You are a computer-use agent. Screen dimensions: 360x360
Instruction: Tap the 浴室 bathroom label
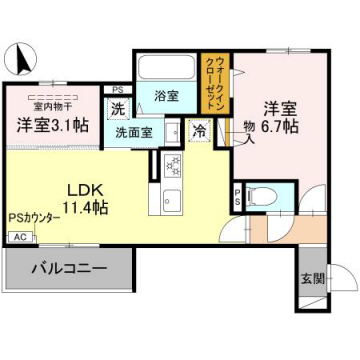[166, 97]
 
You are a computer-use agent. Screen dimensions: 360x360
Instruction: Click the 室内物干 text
[51, 102]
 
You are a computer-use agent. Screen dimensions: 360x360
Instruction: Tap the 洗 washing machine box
[118, 108]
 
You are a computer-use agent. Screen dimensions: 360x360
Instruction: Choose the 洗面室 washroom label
[132, 131]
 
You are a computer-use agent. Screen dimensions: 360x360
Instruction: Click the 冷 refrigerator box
[200, 129]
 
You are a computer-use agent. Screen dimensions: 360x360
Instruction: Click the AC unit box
[19, 237]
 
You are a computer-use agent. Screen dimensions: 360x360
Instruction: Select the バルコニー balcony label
[68, 267]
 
